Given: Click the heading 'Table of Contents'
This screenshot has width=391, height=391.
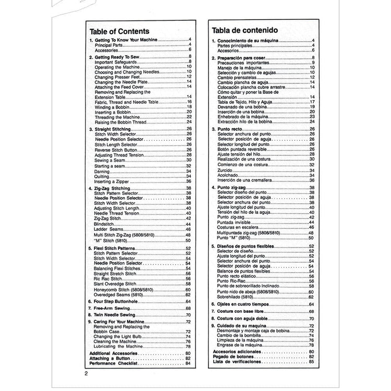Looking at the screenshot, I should point(119,31).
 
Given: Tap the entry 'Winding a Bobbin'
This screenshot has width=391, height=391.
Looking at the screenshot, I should point(111,106).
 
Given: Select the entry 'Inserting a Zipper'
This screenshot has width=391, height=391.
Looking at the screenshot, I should point(112,180).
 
